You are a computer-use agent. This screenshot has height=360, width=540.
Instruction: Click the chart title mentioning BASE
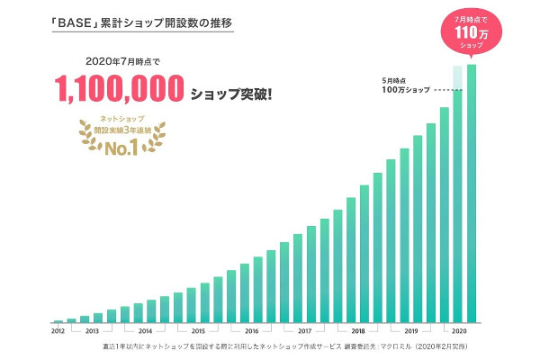tap(127, 17)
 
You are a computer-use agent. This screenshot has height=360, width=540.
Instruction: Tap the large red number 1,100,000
tap(121, 90)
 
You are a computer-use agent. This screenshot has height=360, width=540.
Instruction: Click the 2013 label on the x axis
tap(92, 330)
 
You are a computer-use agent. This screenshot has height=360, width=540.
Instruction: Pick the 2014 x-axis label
tap(145, 330)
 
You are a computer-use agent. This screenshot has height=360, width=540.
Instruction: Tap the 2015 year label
tap(198, 330)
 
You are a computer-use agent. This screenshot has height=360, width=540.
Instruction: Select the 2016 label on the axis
tap(251, 330)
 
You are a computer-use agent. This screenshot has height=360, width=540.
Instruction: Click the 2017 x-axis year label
tap(304, 330)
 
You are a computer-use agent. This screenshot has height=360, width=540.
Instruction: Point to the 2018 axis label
tap(357, 330)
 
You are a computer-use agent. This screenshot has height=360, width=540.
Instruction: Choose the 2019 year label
tap(410, 330)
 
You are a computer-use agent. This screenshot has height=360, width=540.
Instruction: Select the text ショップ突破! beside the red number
tap(231, 93)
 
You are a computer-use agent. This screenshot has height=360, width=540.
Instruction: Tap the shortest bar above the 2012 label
tap(58, 320)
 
